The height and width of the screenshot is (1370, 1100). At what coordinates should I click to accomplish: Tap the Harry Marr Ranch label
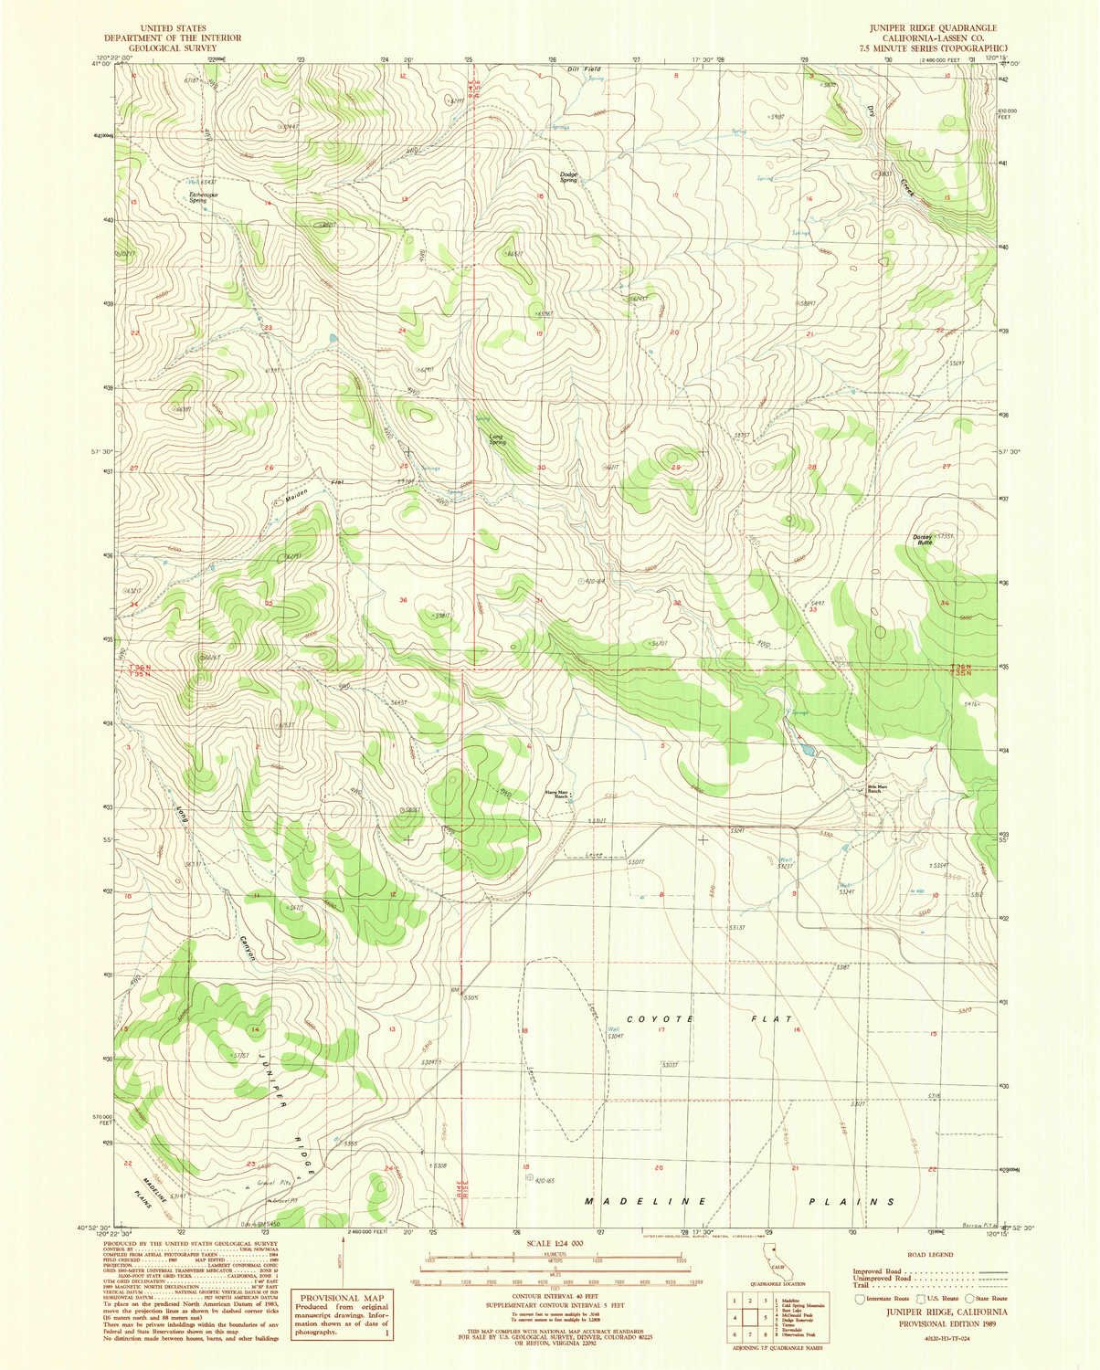(x=557, y=793)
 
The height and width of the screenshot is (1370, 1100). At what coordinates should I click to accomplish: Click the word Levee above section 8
(x=574, y=855)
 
